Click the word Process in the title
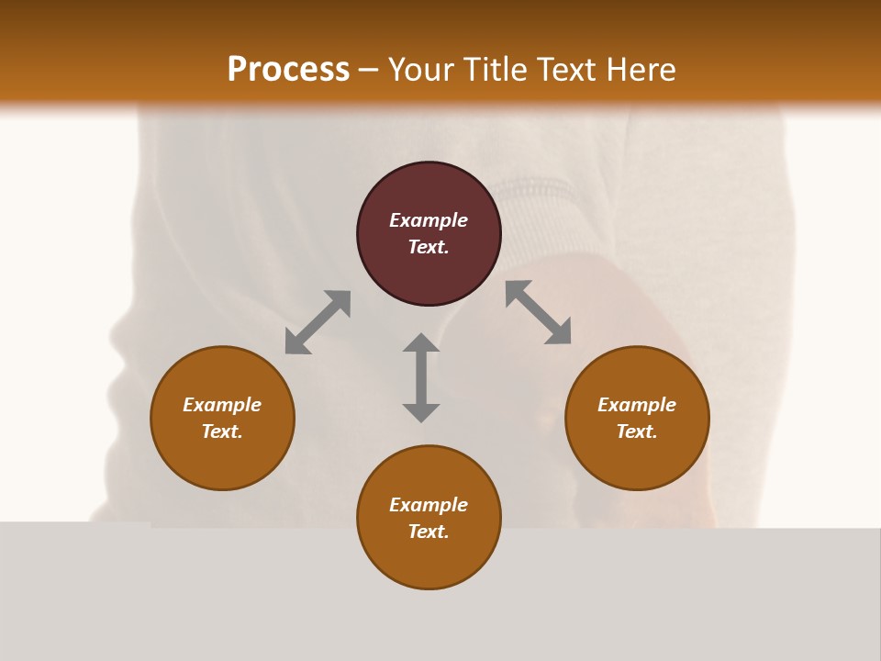point(288,70)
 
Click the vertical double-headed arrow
point(421,377)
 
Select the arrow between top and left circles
point(318,322)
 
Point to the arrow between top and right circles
point(539,312)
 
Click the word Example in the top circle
point(429,220)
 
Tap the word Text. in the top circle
point(429,247)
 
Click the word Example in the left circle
point(222,405)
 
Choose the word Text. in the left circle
point(222,431)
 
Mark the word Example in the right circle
point(637,405)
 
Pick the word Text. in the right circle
point(637,431)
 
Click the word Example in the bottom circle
point(429,505)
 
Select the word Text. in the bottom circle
point(429,532)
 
